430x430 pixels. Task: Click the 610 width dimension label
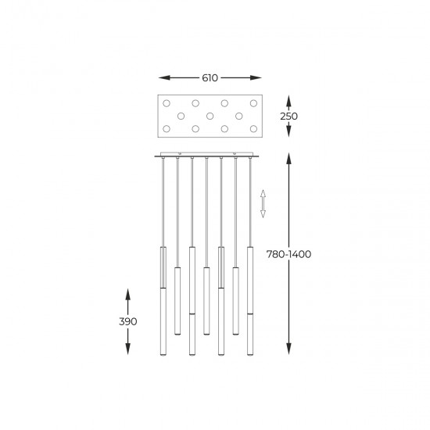(x=210, y=78)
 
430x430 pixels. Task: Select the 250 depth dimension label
(x=288, y=116)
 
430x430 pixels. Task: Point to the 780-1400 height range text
(x=288, y=256)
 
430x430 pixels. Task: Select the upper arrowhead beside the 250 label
(x=288, y=99)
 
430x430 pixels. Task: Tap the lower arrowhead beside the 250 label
(x=288, y=132)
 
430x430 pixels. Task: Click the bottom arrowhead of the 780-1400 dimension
(x=289, y=354)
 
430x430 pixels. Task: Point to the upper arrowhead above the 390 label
(x=128, y=292)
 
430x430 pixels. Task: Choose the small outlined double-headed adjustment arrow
(x=263, y=202)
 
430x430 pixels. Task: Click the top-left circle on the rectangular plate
(x=166, y=103)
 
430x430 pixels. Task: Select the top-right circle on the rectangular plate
(x=253, y=103)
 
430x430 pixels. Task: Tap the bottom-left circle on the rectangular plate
(x=166, y=127)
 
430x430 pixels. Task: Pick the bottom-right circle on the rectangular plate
(x=253, y=127)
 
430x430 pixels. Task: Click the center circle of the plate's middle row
(x=210, y=116)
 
